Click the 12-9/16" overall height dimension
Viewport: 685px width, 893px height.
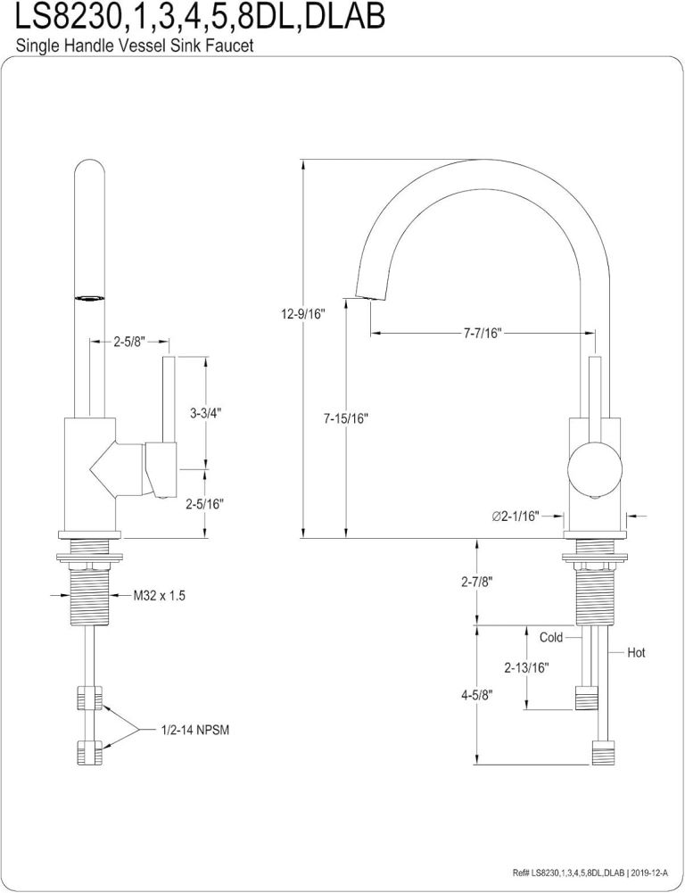(301, 313)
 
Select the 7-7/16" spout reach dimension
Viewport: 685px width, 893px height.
(483, 334)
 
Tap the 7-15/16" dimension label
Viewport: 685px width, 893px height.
(346, 418)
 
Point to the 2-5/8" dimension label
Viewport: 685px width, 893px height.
(129, 341)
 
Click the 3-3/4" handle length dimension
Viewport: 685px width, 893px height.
(205, 413)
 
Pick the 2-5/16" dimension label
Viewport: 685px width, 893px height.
(204, 504)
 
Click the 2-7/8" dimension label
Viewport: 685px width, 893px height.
(478, 582)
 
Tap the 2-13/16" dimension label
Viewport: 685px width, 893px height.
(525, 666)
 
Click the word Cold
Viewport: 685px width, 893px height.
(551, 638)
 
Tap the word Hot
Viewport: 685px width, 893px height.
(636, 653)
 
